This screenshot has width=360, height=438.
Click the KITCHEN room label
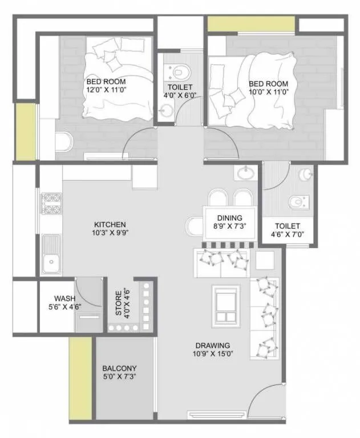110,224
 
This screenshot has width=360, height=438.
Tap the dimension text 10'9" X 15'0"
212,354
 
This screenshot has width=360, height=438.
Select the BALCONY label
119,368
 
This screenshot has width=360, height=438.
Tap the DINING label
229,217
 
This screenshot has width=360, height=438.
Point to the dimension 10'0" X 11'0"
269,91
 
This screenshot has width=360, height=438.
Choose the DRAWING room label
212,345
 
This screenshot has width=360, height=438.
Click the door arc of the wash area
88,291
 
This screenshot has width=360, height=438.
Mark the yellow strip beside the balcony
80,376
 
